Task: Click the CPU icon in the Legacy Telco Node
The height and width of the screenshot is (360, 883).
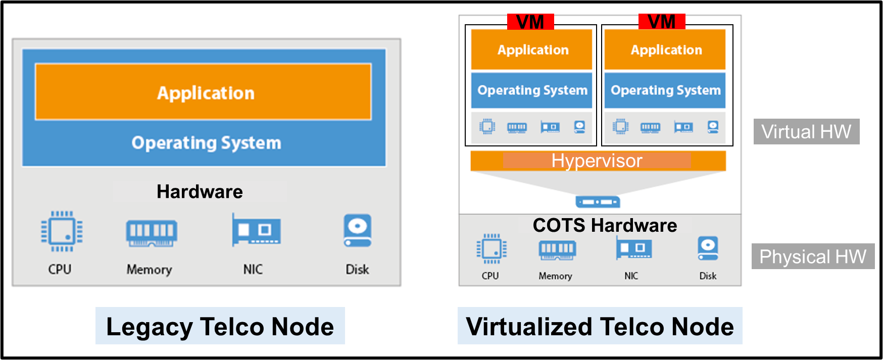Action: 62,231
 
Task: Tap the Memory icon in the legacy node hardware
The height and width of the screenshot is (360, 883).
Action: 151,233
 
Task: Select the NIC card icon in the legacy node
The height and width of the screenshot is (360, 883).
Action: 256,230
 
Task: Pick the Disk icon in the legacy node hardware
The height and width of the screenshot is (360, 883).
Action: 357,231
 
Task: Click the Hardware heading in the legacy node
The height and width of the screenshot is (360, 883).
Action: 200,192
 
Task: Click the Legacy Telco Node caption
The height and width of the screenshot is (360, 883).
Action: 220,326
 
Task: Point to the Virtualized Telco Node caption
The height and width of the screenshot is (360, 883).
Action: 600,326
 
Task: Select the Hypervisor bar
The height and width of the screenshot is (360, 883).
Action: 598,161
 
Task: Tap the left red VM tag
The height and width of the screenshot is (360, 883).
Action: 530,22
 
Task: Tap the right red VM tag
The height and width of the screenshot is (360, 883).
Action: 662,22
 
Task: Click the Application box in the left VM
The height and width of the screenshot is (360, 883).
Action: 531,49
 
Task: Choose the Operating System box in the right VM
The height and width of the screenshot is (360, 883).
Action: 665,90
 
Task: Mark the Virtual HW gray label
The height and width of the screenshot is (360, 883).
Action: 806,132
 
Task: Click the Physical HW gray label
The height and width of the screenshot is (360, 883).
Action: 813,256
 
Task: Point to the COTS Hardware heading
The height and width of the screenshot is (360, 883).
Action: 605,225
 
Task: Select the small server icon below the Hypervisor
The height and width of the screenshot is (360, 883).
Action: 598,202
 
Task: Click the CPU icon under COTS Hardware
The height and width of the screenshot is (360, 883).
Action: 491,248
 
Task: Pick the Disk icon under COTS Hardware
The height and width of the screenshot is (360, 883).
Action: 708,248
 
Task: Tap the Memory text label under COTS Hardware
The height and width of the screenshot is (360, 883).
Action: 555,276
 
